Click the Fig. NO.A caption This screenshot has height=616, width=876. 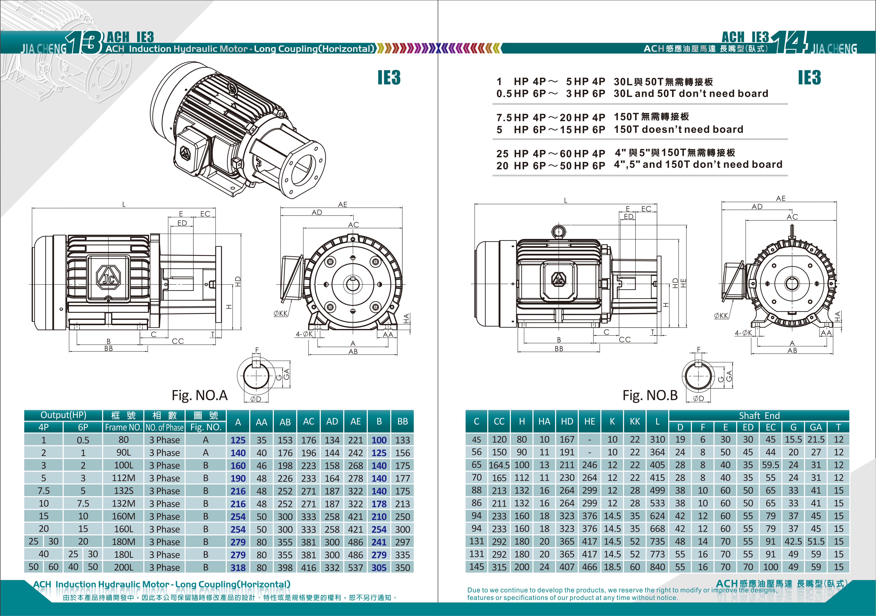199,395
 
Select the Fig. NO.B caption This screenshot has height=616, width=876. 650,395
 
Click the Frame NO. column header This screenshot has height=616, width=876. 123,427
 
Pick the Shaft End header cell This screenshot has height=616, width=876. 759,415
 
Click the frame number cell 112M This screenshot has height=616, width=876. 124,478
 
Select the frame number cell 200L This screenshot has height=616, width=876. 124,567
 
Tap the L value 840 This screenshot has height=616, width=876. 657,567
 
